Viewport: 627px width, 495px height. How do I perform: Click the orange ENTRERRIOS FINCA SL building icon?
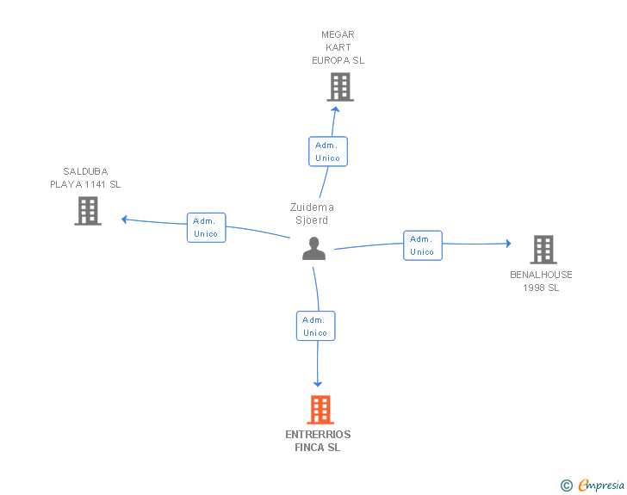tap(320, 410)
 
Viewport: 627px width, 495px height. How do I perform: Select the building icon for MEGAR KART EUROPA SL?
tap(340, 87)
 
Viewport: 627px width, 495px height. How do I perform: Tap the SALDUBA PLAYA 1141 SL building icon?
tap(88, 211)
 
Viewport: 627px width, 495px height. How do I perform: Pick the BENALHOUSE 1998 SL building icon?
tap(543, 250)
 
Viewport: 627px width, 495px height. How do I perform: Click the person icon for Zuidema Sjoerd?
tap(314, 249)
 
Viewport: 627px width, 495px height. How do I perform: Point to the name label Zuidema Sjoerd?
tap(312, 213)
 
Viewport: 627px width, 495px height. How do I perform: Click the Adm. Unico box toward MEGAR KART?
tap(328, 152)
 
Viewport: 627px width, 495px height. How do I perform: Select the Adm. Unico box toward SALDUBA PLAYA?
tap(206, 227)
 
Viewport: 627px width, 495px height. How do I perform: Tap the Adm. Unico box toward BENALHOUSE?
tap(422, 245)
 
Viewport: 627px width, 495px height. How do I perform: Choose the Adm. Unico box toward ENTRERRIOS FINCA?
tap(315, 326)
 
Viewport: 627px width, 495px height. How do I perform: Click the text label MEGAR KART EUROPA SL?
tap(338, 48)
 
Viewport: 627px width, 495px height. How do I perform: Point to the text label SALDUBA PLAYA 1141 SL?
tap(85, 178)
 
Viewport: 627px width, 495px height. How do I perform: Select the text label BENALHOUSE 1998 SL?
tap(541, 282)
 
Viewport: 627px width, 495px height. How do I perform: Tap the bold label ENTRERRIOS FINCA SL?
tap(318, 441)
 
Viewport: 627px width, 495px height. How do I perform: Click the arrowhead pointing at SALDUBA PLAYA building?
tap(125, 219)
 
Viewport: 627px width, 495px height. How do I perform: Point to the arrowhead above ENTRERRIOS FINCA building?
tap(318, 383)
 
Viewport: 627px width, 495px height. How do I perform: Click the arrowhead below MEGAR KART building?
tap(335, 109)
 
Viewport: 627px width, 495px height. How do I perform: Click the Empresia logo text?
tap(601, 486)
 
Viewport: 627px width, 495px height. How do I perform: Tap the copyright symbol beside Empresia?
tap(567, 486)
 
